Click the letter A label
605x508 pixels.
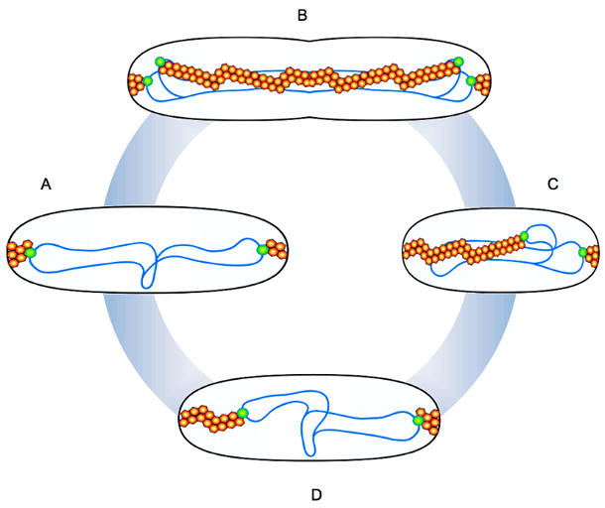46,184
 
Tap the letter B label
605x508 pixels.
302,14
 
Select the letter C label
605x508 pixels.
553,184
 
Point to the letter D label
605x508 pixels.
315,493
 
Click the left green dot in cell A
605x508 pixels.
31,253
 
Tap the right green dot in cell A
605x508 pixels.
263,250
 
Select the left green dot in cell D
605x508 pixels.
241,414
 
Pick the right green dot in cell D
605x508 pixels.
418,421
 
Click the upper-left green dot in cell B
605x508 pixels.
160,63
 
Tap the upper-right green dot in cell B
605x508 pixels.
458,63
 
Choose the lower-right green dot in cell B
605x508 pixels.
469,80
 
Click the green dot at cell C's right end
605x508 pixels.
582,253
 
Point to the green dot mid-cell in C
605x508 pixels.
524,236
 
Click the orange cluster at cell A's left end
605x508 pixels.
17,253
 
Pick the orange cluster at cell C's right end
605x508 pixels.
592,255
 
